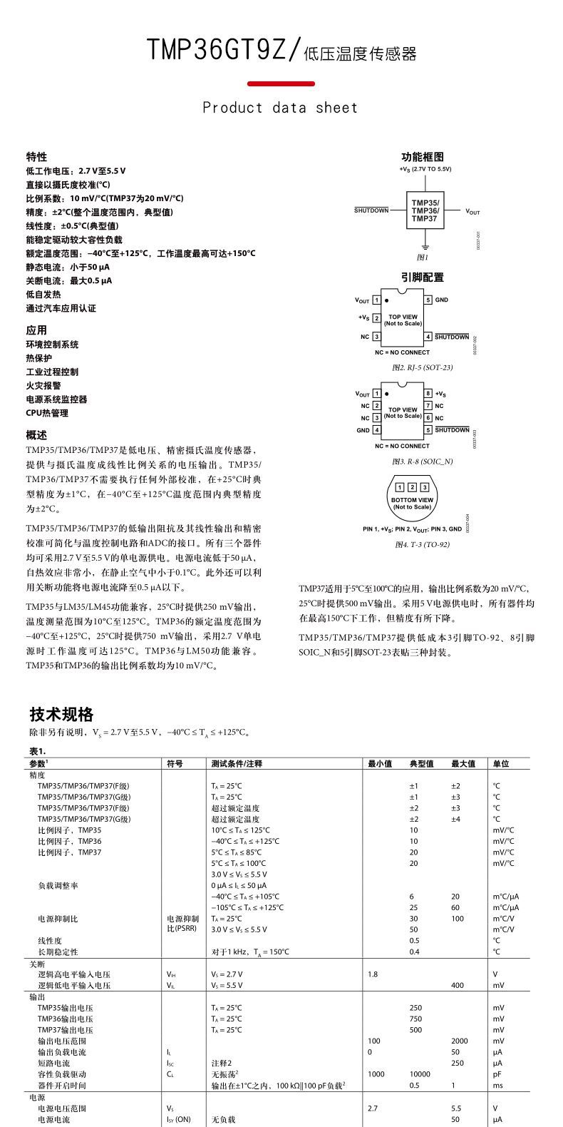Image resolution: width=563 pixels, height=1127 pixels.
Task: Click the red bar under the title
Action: pos(281,84)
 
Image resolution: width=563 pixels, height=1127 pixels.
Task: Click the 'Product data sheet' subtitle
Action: pos(281,108)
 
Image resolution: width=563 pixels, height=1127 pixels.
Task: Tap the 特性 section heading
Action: pos(36,157)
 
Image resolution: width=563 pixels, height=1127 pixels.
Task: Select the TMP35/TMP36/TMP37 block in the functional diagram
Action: pos(425,212)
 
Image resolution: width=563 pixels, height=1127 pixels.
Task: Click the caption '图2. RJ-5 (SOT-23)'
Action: pos(422,367)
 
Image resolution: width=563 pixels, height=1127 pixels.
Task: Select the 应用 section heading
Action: pos(36,330)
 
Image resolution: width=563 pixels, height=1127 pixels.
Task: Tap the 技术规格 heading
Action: pos(61,715)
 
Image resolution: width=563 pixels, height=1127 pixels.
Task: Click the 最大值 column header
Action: pos(463,764)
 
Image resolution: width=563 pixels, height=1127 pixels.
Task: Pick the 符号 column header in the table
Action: pos(175,764)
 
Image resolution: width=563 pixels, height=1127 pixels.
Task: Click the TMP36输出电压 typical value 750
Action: pos(415,1019)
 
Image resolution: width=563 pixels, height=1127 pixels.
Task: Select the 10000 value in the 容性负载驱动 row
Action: pos(419,1074)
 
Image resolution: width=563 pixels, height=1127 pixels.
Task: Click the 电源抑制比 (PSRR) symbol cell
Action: pos(183,924)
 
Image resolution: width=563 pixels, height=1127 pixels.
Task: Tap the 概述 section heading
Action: pos(36,435)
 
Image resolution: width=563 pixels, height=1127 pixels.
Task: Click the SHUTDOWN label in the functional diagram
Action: pos(372,211)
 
